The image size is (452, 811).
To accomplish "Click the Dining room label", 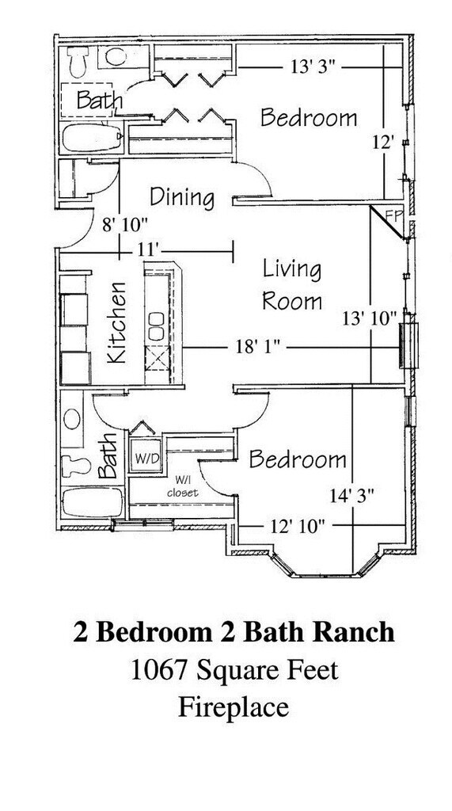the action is tap(182, 197).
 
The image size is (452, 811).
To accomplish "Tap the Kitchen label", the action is tap(116, 322).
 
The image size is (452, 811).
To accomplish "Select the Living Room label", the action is tap(292, 285).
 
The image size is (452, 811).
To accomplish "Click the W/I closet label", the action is tap(183, 488).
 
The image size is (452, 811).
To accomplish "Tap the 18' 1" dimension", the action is tap(257, 347).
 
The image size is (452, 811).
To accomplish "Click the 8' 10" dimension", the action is tap(124, 225).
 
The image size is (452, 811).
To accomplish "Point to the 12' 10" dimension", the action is tap(298, 527).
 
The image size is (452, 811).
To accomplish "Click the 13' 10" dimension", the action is tap(369, 318).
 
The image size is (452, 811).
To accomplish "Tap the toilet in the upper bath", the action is tap(78, 62).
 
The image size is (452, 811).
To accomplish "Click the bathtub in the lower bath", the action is tap(92, 501).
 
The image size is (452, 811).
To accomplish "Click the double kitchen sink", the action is tap(156, 326).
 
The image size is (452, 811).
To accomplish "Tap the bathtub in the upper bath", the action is tap(92, 138).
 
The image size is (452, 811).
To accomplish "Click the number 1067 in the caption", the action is tap(155, 670).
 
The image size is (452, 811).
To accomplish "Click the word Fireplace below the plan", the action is tap(234, 706).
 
